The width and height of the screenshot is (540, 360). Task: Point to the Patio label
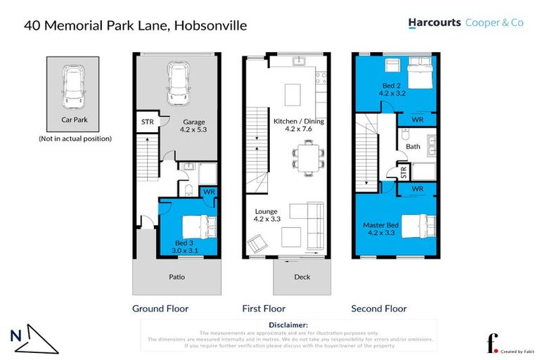pos(177,277)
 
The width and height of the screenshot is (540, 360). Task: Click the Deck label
pos(302,277)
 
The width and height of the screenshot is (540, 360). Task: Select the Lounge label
pos(266,211)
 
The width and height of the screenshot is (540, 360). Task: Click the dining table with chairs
pos(307,155)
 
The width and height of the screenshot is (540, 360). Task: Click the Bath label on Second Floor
pos(412,146)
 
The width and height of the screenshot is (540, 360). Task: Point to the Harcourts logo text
pos(434,23)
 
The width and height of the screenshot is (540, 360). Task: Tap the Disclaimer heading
pos(288,325)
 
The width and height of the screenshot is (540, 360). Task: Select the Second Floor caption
pos(379,309)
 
